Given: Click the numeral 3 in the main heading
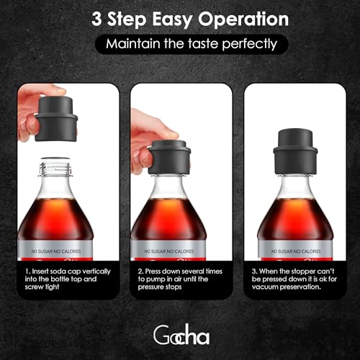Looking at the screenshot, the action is [x=96, y=19].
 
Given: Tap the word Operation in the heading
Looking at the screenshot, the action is [x=243, y=20].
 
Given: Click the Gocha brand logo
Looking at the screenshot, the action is [x=181, y=335].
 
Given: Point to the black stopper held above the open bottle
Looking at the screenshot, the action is [x=56, y=119].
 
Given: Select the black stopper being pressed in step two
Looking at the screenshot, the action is [x=169, y=158].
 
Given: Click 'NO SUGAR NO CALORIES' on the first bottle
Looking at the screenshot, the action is [x=56, y=251].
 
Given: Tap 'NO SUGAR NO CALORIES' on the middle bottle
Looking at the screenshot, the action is [x=169, y=251].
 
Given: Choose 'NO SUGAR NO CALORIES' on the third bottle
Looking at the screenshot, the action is [x=296, y=251].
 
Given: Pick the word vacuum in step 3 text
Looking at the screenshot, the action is [x=265, y=287].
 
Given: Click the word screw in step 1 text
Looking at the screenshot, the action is [x=33, y=287].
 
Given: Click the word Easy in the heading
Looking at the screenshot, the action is [x=172, y=20].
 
